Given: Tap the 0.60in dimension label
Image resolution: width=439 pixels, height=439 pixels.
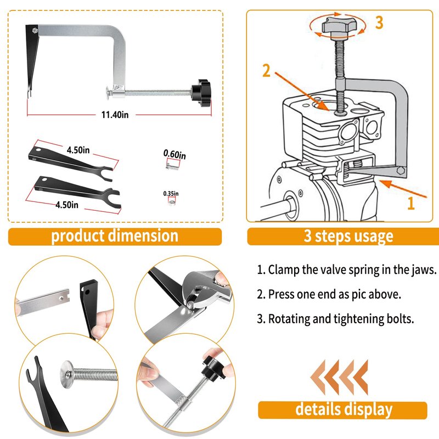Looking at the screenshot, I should pyautogui.click(x=175, y=155).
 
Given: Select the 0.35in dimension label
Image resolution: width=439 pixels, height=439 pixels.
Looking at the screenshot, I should pyautogui.click(x=171, y=194).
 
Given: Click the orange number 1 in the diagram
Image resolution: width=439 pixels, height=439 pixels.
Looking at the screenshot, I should pyautogui.click(x=409, y=204).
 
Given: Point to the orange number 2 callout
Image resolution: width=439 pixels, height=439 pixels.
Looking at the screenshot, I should pyautogui.click(x=267, y=71).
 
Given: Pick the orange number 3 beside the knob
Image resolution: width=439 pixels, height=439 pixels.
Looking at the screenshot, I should pyautogui.click(x=379, y=23).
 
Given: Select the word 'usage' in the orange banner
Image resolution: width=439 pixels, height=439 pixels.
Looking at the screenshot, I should pyautogui.click(x=372, y=236).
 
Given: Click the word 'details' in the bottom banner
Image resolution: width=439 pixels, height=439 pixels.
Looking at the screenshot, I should pyautogui.click(x=320, y=409).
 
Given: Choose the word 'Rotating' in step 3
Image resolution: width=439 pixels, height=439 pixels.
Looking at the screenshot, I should pyautogui.click(x=289, y=319).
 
